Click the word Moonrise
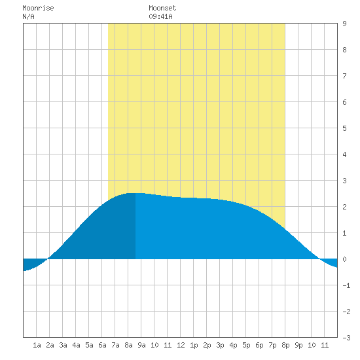pyautogui.click(x=38, y=8)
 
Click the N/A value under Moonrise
pyautogui.click(x=28, y=16)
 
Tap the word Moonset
pyautogui.click(x=162, y=8)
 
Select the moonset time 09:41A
pyautogui.click(x=160, y=16)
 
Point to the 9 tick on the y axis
pyautogui.click(x=344, y=24)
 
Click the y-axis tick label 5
pyautogui.click(x=344, y=128)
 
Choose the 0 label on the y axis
pyautogui.click(x=344, y=259)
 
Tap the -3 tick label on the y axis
pyautogui.click(x=346, y=338)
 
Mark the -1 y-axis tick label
pyautogui.click(x=346, y=285)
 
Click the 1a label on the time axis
pyautogui.click(x=37, y=345)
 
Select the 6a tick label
pyautogui.click(x=102, y=345)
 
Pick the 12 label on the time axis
pyautogui.click(x=181, y=345)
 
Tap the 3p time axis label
pyautogui.click(x=220, y=345)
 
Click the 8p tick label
pyautogui.click(x=285, y=345)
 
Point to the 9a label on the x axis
pyautogui.click(x=141, y=345)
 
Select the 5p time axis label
pyautogui.click(x=246, y=345)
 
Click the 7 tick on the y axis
pyautogui.click(x=344, y=76)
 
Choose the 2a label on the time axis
pyautogui.click(x=50, y=345)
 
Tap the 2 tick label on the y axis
pyautogui.click(x=344, y=207)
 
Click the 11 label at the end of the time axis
pyautogui.click(x=325, y=345)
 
